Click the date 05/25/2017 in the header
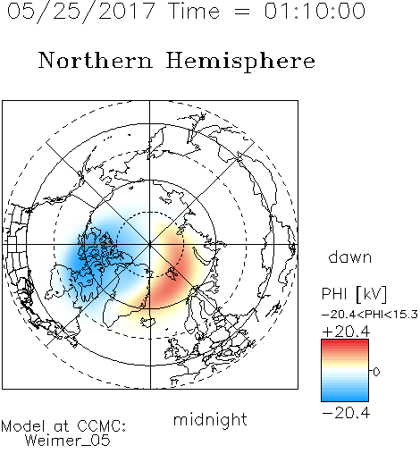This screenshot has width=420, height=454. (81, 12)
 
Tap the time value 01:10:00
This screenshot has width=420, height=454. (315, 11)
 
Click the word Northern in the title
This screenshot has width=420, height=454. (96, 60)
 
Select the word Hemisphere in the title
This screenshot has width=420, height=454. (240, 62)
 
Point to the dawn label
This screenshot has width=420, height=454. (350, 256)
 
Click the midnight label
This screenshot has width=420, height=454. (210, 419)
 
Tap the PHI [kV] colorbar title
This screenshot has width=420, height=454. (354, 294)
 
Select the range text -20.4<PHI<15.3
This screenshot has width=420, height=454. (370, 315)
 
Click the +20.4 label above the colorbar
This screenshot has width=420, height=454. (346, 332)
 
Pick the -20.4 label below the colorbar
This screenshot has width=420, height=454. (346, 413)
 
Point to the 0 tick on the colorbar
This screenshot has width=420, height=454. (376, 372)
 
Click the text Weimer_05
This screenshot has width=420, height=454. (67, 441)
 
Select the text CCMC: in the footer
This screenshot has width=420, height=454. (101, 426)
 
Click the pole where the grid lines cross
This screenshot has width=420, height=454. (150, 244)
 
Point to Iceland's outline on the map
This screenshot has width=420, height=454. (148, 322)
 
